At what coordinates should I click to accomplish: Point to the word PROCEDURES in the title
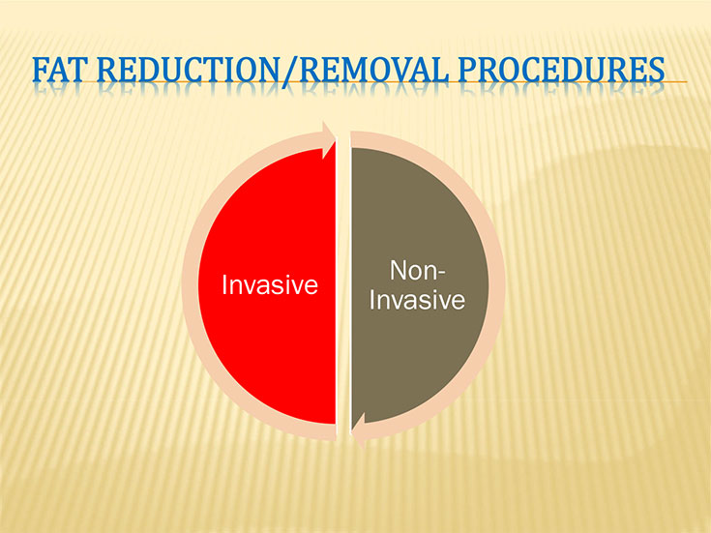click(562, 70)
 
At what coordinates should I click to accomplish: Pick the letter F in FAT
click(41, 70)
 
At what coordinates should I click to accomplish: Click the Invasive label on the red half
click(270, 284)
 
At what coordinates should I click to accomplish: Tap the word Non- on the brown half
click(418, 270)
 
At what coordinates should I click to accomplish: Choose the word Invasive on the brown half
click(417, 299)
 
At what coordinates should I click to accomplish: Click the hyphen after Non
click(442, 273)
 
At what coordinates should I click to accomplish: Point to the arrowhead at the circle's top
click(328, 139)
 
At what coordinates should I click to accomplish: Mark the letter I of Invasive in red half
click(224, 284)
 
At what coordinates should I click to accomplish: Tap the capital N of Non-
click(399, 270)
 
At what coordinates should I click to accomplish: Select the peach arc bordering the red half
click(190, 285)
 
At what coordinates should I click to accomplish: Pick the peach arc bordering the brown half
click(496, 285)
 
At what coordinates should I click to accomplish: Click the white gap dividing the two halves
click(343, 285)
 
